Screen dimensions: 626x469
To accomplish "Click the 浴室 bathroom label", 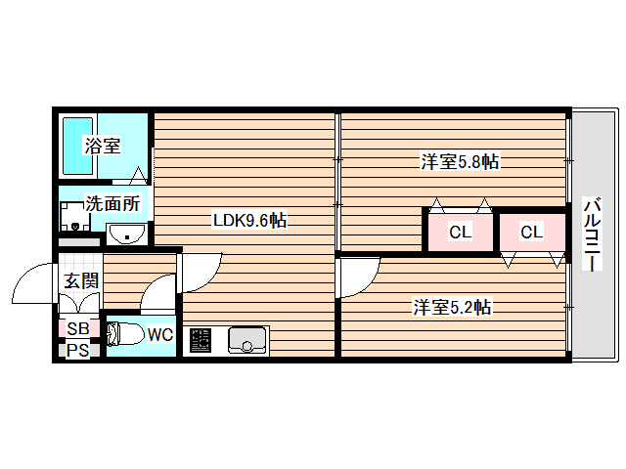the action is [x=102, y=146].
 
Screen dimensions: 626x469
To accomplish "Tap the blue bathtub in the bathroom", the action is [x=78, y=146].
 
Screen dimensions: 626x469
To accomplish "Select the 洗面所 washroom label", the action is [x=113, y=204].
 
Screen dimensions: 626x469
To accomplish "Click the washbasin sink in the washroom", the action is [x=126, y=234].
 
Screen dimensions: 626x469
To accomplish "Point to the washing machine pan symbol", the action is [x=74, y=216].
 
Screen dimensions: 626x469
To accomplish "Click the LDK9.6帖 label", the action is [x=249, y=220].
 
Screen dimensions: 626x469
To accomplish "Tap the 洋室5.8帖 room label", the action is [x=460, y=162].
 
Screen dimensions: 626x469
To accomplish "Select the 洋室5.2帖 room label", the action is [x=452, y=307].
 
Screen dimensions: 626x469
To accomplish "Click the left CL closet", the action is [x=461, y=232].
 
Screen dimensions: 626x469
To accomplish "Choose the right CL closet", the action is [x=532, y=232].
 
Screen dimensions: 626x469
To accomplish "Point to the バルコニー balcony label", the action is [x=593, y=234].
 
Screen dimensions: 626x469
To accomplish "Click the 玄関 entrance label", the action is [x=81, y=280].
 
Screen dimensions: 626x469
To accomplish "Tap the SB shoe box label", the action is [x=78, y=328].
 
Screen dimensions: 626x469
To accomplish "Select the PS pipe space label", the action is [x=78, y=350].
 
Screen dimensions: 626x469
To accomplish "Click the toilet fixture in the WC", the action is [x=125, y=334].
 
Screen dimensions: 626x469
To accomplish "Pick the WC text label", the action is [x=160, y=334].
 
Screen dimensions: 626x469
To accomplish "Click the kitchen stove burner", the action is [x=200, y=340].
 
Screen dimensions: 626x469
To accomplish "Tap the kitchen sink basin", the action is [x=247, y=340].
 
